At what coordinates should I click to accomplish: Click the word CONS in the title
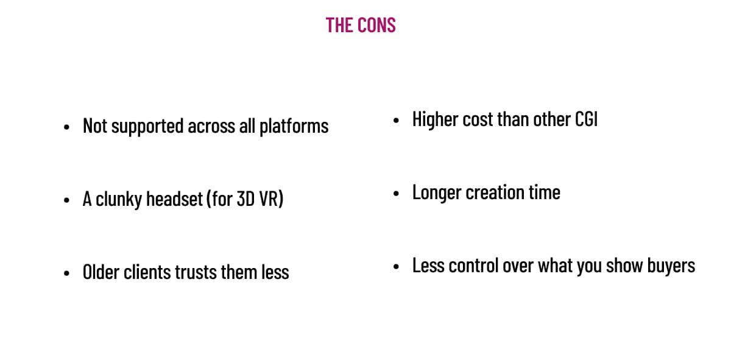[x=376, y=25]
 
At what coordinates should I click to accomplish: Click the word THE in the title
[x=339, y=25]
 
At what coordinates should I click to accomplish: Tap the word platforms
[x=294, y=127]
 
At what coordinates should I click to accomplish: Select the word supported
[x=147, y=127]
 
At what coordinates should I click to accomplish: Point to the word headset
[x=175, y=199]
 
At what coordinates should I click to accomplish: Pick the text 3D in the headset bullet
[x=245, y=199]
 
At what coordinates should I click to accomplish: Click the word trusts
[x=196, y=272]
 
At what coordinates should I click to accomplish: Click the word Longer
[x=437, y=193]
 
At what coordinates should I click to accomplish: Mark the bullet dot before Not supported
[x=67, y=127]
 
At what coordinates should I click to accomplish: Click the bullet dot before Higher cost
[x=396, y=121]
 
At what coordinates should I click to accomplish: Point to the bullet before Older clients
[x=67, y=273]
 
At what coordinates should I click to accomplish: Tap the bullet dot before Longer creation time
[x=396, y=194]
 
